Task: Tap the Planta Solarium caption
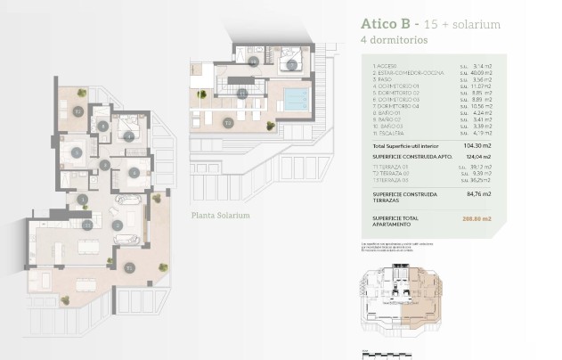220,216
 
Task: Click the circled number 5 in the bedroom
77,152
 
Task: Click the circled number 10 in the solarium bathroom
254,61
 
